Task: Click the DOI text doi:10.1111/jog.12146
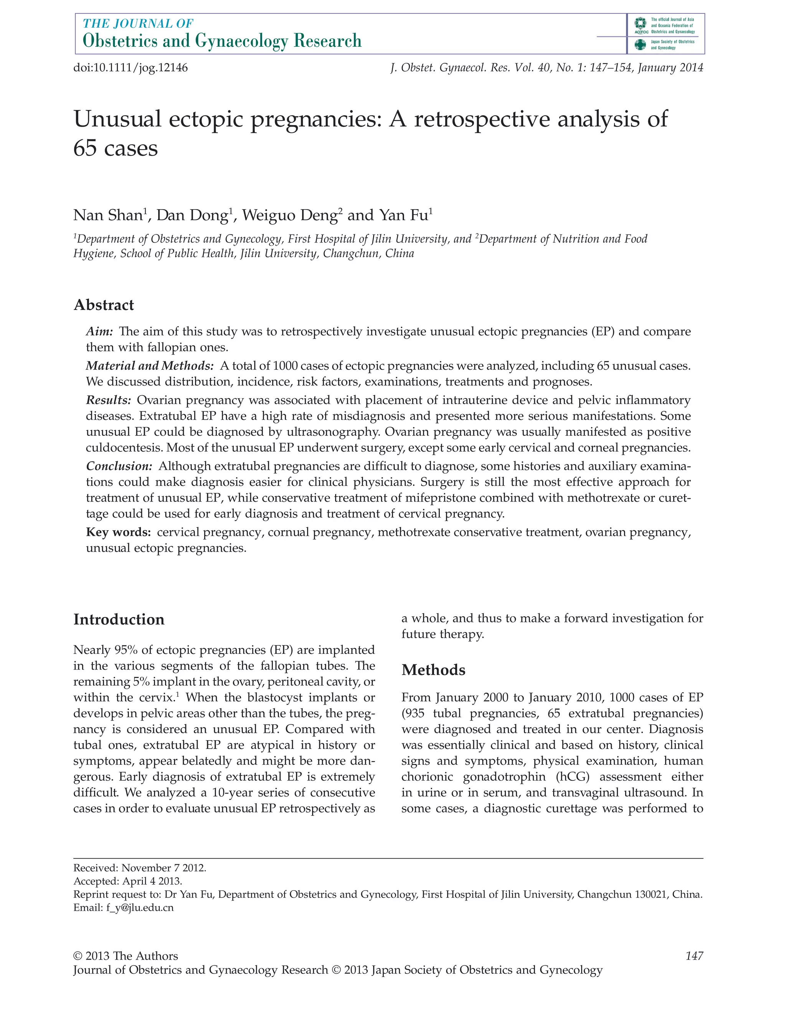pyautogui.click(x=130, y=68)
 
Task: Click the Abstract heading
pyautogui.click(x=104, y=305)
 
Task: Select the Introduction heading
pyautogui.click(x=119, y=619)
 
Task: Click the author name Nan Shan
pyautogui.click(x=108, y=215)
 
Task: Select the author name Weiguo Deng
pyautogui.click(x=289, y=215)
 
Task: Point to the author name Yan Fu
pyautogui.click(x=403, y=215)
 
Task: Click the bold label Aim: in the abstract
pyautogui.click(x=99, y=332)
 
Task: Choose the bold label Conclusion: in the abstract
pyautogui.click(x=119, y=467)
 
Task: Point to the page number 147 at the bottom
pyautogui.click(x=694, y=956)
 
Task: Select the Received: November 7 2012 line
pyautogui.click(x=140, y=868)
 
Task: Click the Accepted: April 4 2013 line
pyautogui.click(x=127, y=881)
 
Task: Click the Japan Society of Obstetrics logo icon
pyautogui.click(x=640, y=45)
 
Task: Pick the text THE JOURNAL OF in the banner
pyautogui.click(x=138, y=23)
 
